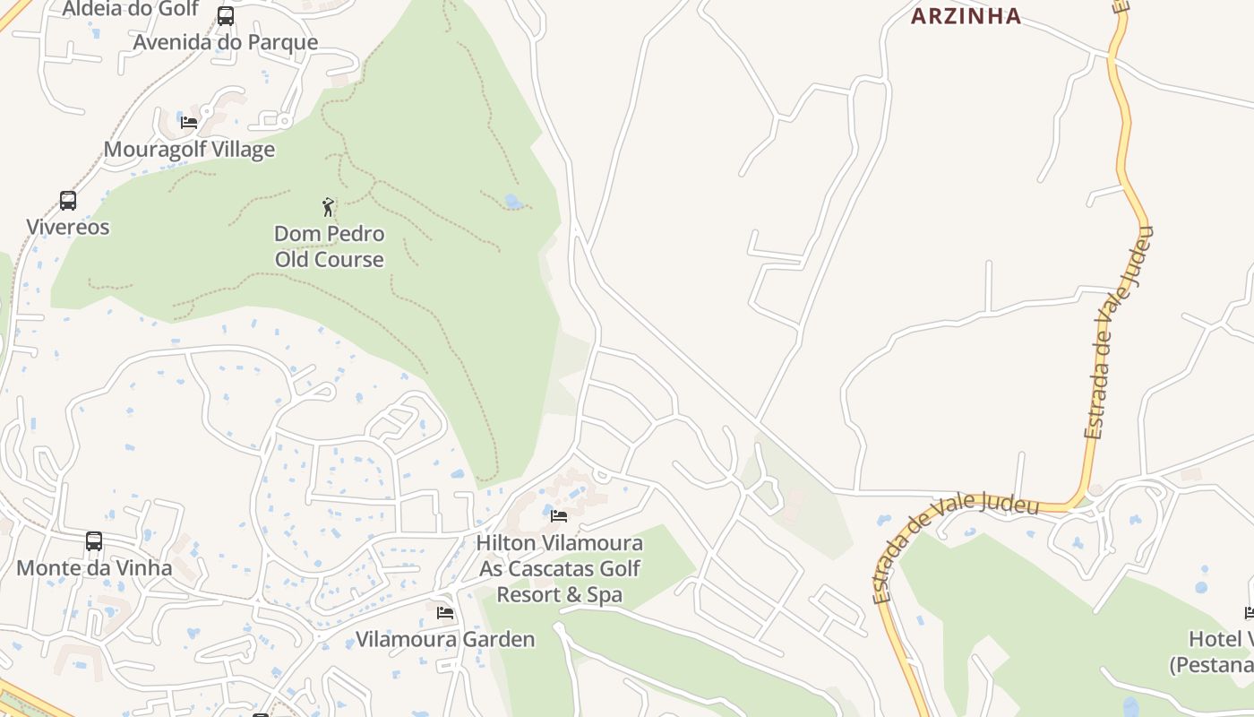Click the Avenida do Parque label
click(225, 42)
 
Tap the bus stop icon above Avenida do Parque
click(226, 15)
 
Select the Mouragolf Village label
click(189, 149)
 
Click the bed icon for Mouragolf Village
click(189, 122)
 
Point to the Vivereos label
click(68, 227)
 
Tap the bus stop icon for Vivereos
click(68, 200)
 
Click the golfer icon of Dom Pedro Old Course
click(329, 207)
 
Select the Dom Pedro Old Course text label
click(329, 246)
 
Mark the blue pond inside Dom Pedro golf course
click(514, 202)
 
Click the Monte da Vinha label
click(94, 567)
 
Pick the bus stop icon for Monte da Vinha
click(94, 541)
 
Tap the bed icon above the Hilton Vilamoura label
click(559, 516)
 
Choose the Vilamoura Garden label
click(445, 639)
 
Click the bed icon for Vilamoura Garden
click(445, 613)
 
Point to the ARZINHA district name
click(966, 15)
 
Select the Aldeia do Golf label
click(130, 9)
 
